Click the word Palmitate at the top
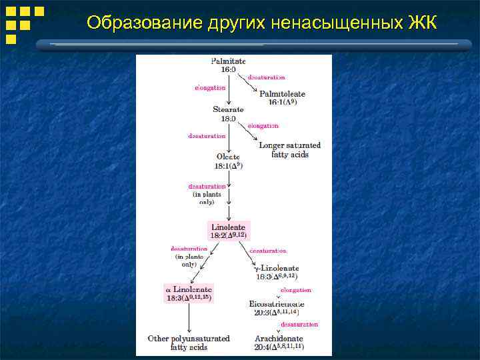pos(228,60)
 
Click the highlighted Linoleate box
pos(229,231)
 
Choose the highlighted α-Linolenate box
pos(189,293)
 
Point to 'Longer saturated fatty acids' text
pos(289,149)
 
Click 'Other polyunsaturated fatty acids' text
pos(189,343)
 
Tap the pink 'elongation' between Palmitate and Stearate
pos(210,87)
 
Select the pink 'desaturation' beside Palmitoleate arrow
pos(266,77)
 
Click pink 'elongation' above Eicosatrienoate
pos(295,290)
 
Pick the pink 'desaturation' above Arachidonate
pos(299,325)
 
